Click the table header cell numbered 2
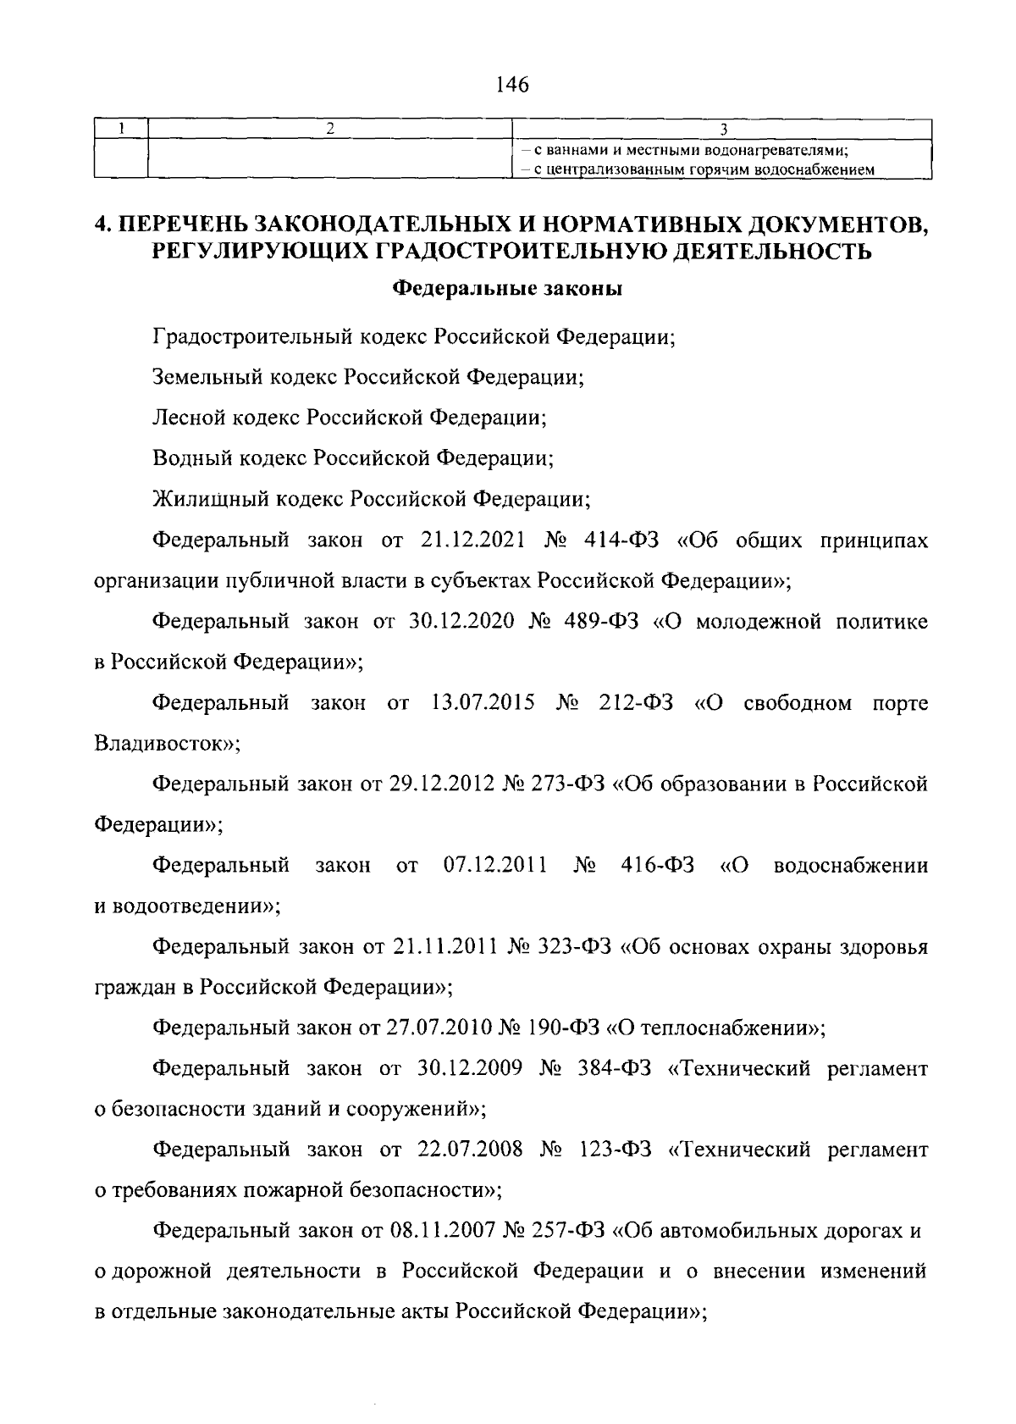330,128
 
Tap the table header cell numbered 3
723,129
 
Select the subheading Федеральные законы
508,290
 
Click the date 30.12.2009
468,1068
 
